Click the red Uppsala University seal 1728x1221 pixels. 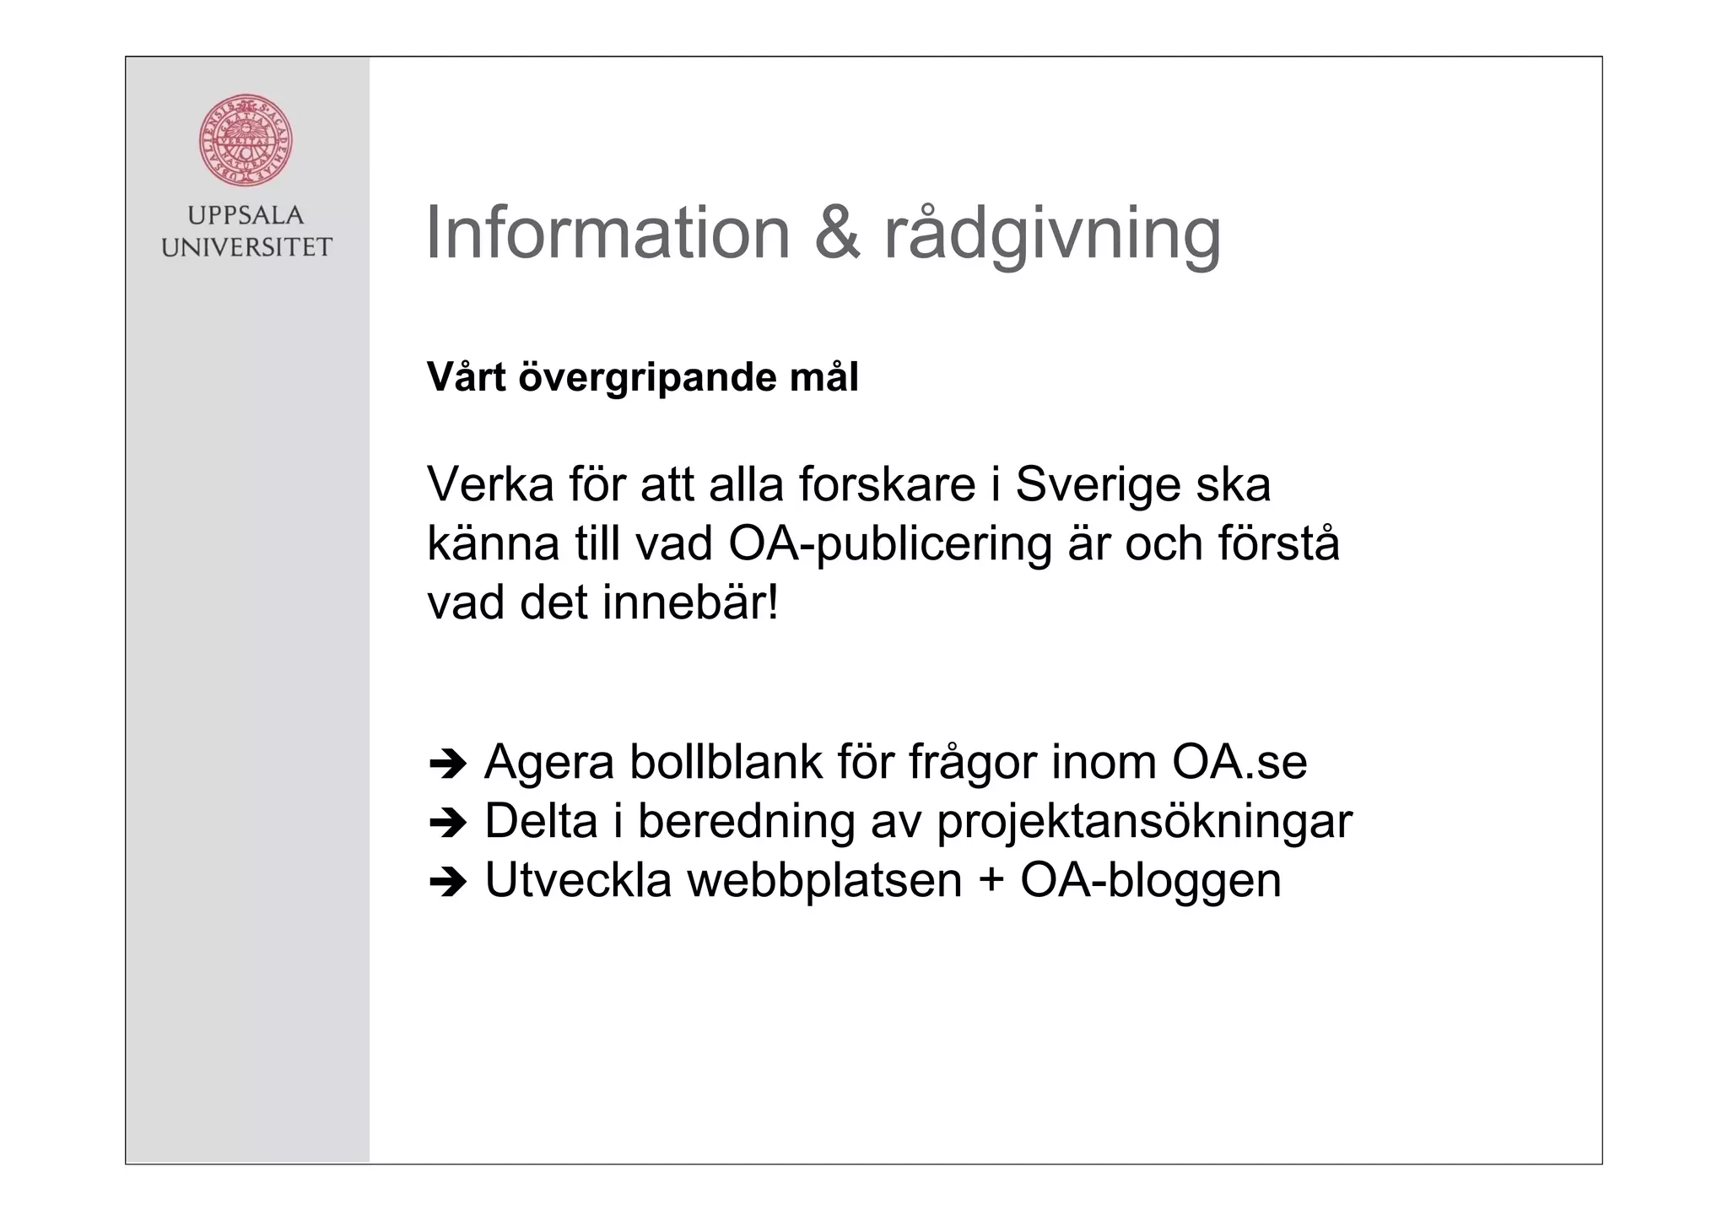[x=246, y=140]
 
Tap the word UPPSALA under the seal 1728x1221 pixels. [x=246, y=216]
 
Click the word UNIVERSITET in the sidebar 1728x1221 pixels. [x=246, y=247]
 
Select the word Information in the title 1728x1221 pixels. [x=607, y=233]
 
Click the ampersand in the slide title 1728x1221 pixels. [x=837, y=233]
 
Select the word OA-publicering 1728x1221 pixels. [x=890, y=545]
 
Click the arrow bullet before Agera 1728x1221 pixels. [x=447, y=764]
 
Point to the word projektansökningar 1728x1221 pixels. [x=1144, y=822]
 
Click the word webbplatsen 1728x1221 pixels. [x=824, y=880]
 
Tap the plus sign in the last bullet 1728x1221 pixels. [x=991, y=882]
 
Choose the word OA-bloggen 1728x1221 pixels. [x=1151, y=882]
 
